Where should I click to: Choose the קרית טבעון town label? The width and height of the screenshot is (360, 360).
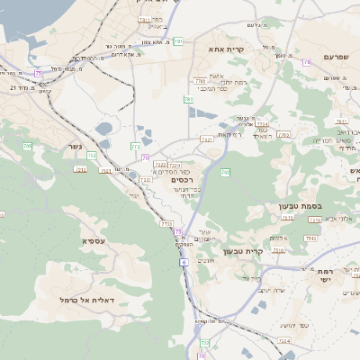[266, 252]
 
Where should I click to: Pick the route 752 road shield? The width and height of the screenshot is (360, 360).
[93, 156]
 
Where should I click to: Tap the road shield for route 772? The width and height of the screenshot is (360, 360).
[136, 144]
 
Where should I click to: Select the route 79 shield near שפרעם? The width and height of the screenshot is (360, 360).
[307, 62]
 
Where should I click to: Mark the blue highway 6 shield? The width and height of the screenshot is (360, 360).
[184, 262]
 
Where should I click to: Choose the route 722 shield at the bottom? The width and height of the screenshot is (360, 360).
[204, 342]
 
